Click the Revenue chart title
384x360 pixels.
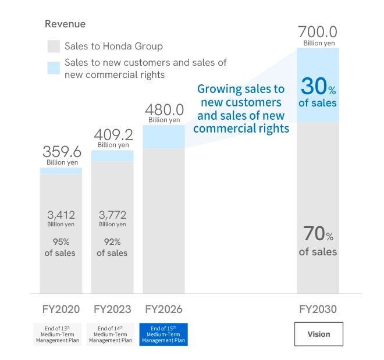[x=65, y=24]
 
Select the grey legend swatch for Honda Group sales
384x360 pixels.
[x=54, y=47]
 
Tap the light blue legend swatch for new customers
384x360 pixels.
[x=54, y=67]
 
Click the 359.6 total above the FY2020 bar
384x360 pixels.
[x=61, y=152]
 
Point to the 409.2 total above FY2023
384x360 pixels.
[x=113, y=135]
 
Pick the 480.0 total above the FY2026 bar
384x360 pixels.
[x=163, y=110]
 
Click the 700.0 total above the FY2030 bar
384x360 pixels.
[x=318, y=32]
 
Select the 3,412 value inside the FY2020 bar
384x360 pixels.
[x=61, y=215]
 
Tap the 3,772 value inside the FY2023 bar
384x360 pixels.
[x=112, y=215]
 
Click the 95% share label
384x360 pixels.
[x=61, y=242]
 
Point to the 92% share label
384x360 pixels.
[x=112, y=242]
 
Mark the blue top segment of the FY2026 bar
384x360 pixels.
[x=163, y=137]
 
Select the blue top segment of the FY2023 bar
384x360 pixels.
[x=112, y=156]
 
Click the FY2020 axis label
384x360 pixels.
[x=61, y=309]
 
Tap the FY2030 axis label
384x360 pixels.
[x=318, y=309]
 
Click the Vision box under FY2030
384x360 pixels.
[x=318, y=334]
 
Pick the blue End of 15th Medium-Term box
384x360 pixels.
[x=163, y=334]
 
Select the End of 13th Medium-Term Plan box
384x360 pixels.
[x=61, y=334]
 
